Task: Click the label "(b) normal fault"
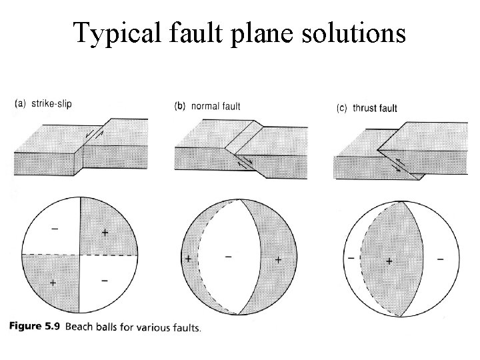(207, 106)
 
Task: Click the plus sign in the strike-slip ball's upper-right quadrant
(105, 232)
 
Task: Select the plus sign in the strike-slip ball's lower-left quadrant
(53, 283)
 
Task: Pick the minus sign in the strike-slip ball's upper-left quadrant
(54, 229)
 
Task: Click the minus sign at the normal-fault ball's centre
(229, 255)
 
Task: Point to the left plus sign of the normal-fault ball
(189, 258)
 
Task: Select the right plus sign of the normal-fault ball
(277, 258)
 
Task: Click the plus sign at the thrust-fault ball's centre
(389, 261)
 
